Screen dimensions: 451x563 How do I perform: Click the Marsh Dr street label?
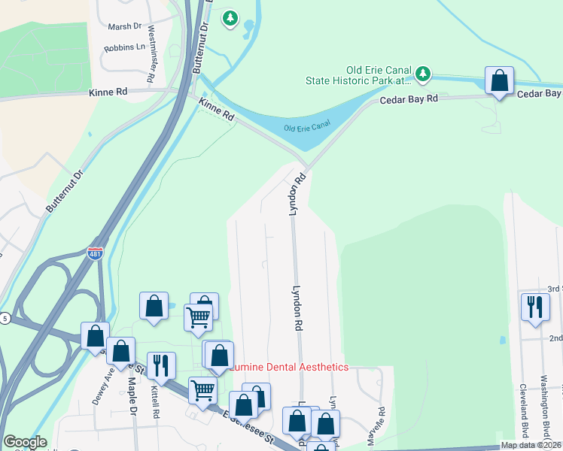(125, 26)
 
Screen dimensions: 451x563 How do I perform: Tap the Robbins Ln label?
(125, 47)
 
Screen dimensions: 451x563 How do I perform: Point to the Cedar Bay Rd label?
(409, 99)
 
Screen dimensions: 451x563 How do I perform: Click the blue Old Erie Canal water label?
(307, 126)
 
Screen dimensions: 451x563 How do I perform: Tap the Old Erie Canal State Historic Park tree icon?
(423, 73)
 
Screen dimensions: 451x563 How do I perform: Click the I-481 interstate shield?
(95, 254)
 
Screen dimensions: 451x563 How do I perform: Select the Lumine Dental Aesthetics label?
(291, 367)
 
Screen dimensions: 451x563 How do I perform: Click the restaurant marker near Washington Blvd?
(535, 307)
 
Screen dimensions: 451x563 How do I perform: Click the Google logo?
(24, 442)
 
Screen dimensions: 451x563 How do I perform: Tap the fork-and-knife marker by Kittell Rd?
(161, 366)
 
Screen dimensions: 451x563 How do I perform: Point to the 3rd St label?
(555, 289)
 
